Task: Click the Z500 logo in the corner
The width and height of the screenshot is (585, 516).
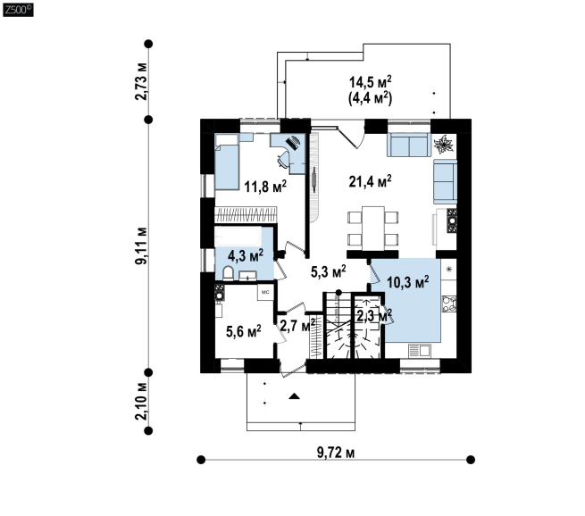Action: click(x=18, y=10)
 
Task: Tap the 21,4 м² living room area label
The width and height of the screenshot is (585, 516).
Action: click(x=370, y=181)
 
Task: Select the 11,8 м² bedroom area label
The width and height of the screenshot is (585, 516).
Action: click(x=265, y=186)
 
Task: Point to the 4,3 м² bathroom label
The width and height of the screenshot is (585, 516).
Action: click(x=246, y=255)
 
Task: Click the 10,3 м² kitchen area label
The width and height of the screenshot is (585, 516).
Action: click(x=408, y=282)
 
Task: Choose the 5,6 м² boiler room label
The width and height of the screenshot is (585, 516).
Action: click(x=244, y=331)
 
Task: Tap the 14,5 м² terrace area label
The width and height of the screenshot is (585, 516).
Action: click(x=370, y=82)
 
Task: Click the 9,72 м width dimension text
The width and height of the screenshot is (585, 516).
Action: click(x=336, y=453)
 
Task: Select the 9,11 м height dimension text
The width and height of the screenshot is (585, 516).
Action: click(x=141, y=246)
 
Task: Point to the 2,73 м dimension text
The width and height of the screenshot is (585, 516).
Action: click(x=141, y=81)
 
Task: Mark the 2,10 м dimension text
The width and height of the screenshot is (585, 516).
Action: click(x=141, y=401)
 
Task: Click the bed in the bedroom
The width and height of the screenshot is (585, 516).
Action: click(x=227, y=162)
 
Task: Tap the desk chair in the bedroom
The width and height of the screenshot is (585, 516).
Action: click(x=283, y=159)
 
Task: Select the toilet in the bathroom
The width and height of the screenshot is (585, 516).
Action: click(x=228, y=273)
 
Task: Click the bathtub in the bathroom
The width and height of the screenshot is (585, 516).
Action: click(x=238, y=237)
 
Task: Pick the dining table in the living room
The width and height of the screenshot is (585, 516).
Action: click(x=373, y=229)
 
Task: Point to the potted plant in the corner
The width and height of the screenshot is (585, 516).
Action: click(x=443, y=145)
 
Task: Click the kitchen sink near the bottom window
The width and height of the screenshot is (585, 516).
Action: click(x=420, y=351)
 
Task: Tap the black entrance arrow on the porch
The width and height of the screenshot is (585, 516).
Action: click(x=295, y=396)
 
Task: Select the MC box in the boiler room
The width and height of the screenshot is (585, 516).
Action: click(x=265, y=292)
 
